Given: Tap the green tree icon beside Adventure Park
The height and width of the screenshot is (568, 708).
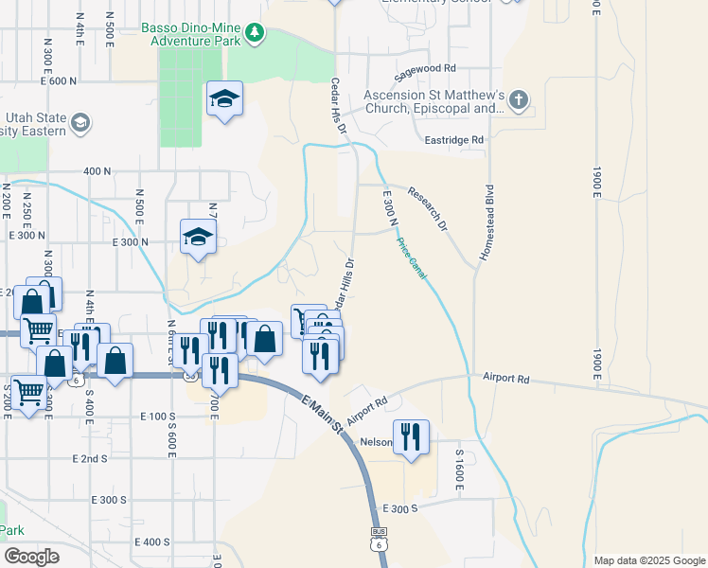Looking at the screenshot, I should [254, 35].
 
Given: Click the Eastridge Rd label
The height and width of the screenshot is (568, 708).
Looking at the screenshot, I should [455, 139].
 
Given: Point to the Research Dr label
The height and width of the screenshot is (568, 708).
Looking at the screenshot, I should [426, 208].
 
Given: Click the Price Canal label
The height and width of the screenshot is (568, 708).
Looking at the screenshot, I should [411, 257].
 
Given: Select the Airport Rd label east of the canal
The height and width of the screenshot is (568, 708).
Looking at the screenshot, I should [505, 378].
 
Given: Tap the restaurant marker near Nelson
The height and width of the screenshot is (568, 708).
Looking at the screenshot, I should [412, 436].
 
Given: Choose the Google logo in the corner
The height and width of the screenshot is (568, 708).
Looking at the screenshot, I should [31, 557].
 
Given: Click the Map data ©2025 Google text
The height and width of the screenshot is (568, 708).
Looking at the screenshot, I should [648, 560].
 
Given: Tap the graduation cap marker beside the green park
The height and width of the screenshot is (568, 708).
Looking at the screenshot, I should [224, 98].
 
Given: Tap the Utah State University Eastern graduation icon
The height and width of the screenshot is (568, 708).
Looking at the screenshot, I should [80, 123].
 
